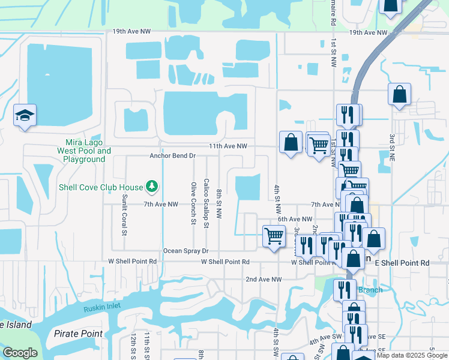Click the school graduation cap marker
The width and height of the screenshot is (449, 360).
click(x=25, y=115)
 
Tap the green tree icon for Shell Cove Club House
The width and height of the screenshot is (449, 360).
click(x=152, y=187)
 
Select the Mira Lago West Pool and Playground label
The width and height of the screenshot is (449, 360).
click(x=84, y=151)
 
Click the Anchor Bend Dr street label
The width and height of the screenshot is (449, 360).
click(x=173, y=156)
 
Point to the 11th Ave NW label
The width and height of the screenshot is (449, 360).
click(x=228, y=146)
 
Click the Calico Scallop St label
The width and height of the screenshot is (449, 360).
click(x=206, y=203)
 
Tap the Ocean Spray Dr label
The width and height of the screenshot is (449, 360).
click(x=186, y=251)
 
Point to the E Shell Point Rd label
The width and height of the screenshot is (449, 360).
click(x=402, y=263)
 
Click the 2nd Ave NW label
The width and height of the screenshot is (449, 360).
click(x=264, y=280)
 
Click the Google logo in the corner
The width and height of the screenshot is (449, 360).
click(x=20, y=353)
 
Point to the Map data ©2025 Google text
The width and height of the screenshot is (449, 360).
click(x=411, y=355)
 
